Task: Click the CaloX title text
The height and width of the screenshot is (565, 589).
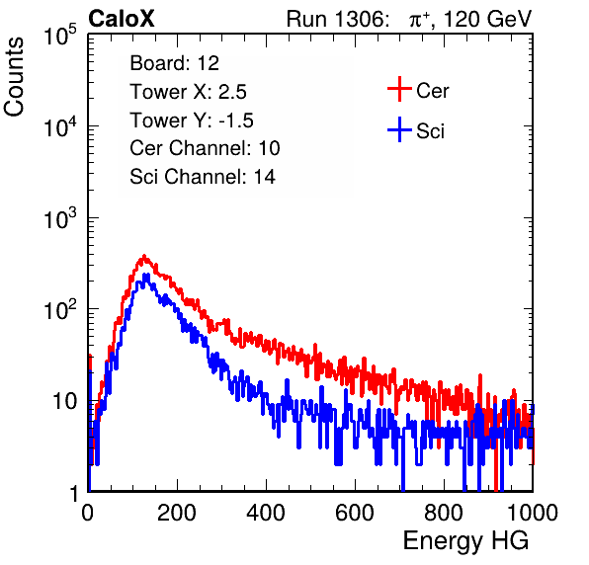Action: (x=122, y=19)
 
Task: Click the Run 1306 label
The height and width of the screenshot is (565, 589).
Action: (x=337, y=19)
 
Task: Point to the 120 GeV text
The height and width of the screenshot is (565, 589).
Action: (x=487, y=19)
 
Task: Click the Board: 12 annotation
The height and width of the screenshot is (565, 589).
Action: (x=174, y=63)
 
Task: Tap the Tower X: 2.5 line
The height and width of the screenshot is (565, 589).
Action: (x=188, y=92)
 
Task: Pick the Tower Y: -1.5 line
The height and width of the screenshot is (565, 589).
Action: (x=192, y=121)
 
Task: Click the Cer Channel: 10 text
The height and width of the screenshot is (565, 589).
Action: (x=205, y=148)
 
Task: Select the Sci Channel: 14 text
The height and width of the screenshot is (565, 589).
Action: (x=203, y=177)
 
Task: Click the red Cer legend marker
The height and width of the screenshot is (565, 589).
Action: (x=399, y=89)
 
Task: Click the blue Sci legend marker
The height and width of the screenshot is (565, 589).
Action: (x=399, y=130)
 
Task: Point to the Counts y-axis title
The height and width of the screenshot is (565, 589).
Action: (x=14, y=77)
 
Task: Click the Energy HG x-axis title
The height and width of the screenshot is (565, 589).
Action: (x=465, y=541)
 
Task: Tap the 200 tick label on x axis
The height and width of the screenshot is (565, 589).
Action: (x=177, y=513)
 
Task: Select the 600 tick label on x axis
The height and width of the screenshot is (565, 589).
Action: (x=355, y=513)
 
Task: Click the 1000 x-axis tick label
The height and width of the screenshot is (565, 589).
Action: (x=533, y=513)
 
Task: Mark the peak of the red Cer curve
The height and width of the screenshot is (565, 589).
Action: (x=144, y=257)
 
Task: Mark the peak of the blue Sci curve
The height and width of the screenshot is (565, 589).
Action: (x=146, y=276)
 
